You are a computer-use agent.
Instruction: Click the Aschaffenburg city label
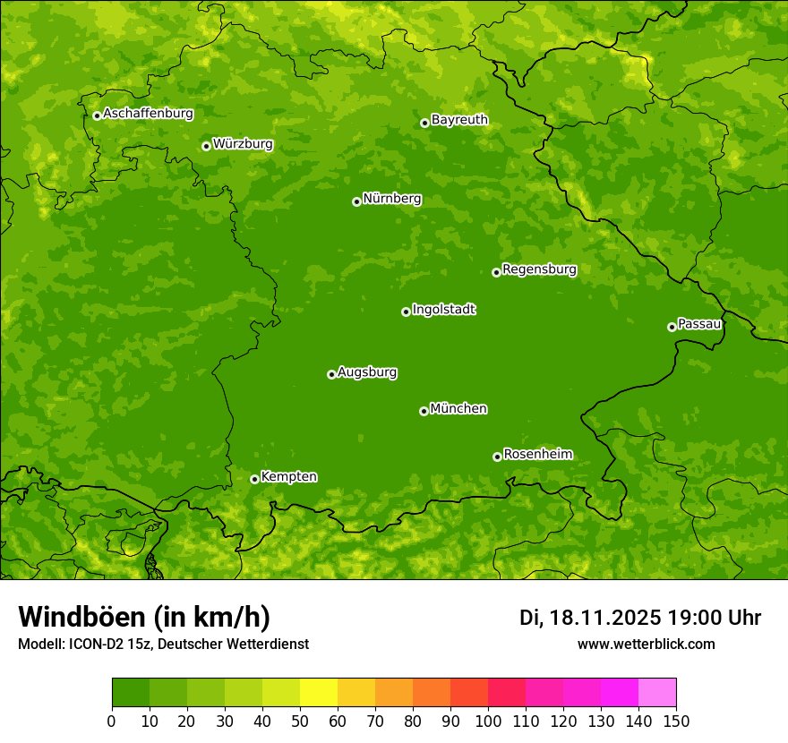[x=148, y=114]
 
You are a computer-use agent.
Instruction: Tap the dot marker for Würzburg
[x=206, y=146]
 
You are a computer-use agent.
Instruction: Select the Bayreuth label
[x=459, y=119]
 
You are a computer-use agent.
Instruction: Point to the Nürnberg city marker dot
[x=356, y=201]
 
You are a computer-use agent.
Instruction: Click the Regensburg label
[x=539, y=269]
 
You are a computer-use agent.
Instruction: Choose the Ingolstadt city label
[x=443, y=310]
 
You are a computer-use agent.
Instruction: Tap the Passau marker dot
[x=672, y=327]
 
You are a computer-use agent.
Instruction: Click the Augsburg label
[x=367, y=372]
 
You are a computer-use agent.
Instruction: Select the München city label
[x=458, y=409]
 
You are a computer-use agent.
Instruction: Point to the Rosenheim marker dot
[x=497, y=457]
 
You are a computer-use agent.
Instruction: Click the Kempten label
[x=288, y=476]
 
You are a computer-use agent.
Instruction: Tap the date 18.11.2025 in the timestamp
[x=605, y=618]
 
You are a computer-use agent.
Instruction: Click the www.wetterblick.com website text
[x=646, y=644]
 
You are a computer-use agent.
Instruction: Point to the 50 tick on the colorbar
[x=300, y=721]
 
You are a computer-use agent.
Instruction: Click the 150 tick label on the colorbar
[x=676, y=721]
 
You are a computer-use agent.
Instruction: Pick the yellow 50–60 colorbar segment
[x=319, y=692]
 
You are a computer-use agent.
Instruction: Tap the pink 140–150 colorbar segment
[x=657, y=692]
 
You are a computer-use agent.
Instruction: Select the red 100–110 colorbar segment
[x=507, y=692]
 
